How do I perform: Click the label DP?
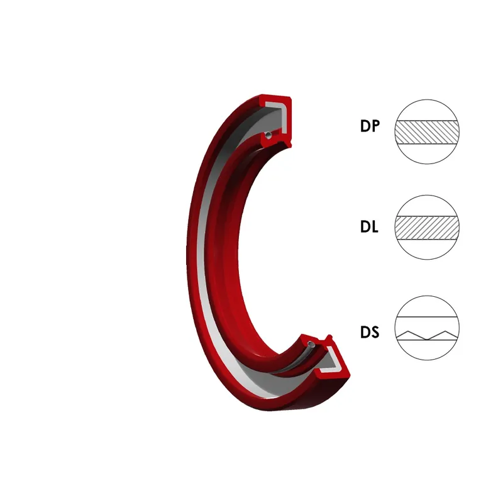(x=370, y=126)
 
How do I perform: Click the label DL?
(x=369, y=227)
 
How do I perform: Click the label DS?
(x=370, y=333)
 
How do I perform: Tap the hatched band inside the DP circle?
(x=427, y=132)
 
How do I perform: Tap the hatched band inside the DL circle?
(x=427, y=228)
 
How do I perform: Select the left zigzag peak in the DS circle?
(x=407, y=331)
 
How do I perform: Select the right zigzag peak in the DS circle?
(x=446, y=331)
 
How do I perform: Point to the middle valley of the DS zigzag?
(x=427, y=340)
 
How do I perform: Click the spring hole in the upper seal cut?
(x=269, y=135)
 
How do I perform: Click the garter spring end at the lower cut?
(x=311, y=345)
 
